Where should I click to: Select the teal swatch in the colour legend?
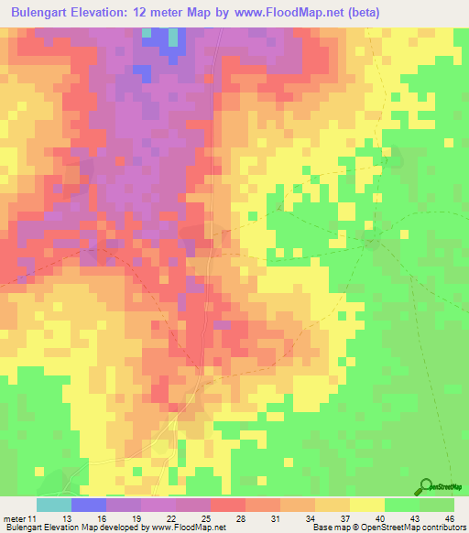click(x=54, y=505)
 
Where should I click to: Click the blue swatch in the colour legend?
click(x=89, y=505)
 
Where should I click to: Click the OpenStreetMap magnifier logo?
click(x=425, y=486)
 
